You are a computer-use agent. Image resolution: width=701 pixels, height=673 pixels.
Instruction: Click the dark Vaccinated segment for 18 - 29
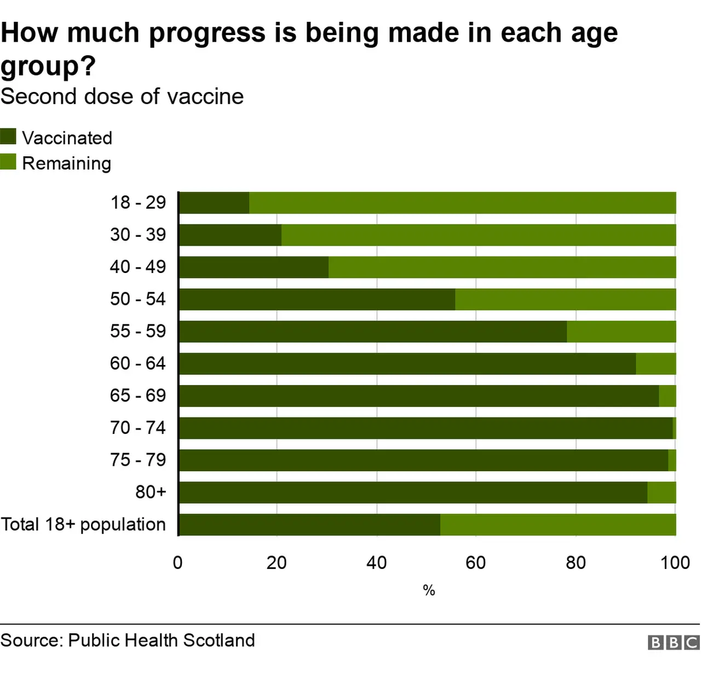point(214,203)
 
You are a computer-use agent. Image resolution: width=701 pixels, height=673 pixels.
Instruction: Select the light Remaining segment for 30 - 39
point(478,235)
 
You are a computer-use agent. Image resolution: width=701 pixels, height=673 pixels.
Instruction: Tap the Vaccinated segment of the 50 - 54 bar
point(317,300)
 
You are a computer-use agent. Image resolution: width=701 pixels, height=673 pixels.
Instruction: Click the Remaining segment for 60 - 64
point(656,364)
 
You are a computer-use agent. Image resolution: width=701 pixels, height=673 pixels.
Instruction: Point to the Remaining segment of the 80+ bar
point(662,492)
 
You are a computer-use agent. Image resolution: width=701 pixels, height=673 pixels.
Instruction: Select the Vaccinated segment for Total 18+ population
point(309,525)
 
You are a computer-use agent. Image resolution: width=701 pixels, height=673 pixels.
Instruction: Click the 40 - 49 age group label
point(138,267)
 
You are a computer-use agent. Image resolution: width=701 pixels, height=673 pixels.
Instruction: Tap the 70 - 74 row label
point(138,428)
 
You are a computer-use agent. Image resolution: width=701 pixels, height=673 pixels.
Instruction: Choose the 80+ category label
point(151,492)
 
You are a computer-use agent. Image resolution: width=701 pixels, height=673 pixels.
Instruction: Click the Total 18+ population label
point(83,525)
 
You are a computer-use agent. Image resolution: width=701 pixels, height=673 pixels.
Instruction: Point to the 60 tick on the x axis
point(475,562)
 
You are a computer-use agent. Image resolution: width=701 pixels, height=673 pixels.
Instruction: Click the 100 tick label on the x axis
point(675,562)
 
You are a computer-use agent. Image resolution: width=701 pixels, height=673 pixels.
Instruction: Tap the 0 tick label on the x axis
point(177,562)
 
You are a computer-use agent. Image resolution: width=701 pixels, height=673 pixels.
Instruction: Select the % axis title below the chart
point(429,590)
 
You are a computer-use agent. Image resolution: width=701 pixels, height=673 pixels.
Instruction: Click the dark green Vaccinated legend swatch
point(8,137)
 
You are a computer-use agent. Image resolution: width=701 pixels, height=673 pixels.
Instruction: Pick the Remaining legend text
point(66,164)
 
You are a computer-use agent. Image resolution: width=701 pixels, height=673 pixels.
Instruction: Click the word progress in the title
point(206,33)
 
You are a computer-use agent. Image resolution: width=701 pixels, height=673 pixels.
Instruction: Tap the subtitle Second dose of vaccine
point(122,97)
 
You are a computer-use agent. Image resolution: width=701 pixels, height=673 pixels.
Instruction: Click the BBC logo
point(674,642)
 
